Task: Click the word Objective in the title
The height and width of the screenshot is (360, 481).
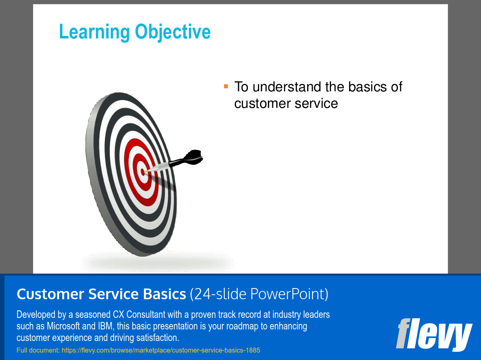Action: click(173, 32)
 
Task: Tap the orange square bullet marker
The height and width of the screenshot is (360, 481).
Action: click(226, 86)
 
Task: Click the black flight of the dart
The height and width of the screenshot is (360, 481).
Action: click(192, 157)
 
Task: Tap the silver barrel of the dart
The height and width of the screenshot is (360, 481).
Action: click(159, 167)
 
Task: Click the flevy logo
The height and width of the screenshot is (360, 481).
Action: click(433, 334)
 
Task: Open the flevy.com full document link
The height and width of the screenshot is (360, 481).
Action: click(161, 350)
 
